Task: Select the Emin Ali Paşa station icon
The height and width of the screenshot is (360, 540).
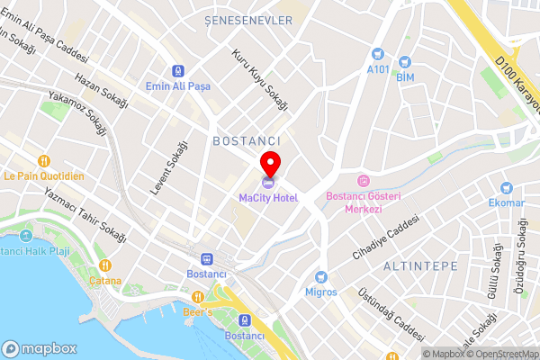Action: (178, 70)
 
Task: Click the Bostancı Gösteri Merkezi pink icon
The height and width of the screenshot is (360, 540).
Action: (364, 181)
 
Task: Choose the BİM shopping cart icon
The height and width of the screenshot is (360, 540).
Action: (405, 62)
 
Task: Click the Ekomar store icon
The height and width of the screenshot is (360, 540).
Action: (508, 188)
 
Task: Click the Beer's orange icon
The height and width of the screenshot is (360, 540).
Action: (198, 297)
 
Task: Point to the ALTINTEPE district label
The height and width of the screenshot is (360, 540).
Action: (421, 267)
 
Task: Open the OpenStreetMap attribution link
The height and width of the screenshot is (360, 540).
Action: (502, 354)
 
